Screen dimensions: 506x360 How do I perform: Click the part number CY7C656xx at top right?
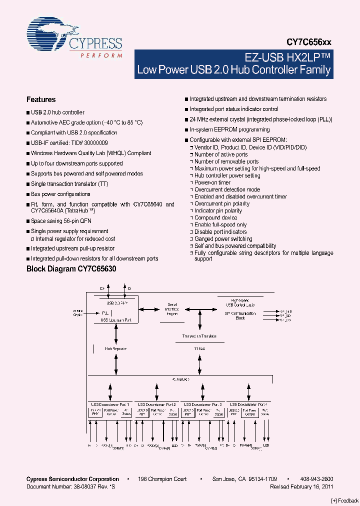(x=308, y=43)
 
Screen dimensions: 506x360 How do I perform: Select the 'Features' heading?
(x=41, y=99)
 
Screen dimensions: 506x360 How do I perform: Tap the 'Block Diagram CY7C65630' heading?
(x=71, y=269)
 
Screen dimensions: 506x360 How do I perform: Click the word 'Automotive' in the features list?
(x=45, y=122)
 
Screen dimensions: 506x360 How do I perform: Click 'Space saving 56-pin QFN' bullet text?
(x=61, y=221)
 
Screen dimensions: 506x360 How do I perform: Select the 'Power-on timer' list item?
(x=212, y=182)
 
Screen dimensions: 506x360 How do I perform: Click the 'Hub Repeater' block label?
(x=115, y=348)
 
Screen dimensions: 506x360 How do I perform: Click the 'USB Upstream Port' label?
(x=115, y=319)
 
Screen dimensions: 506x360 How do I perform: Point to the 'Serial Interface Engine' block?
(x=172, y=308)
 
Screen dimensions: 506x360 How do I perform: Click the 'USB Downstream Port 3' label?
(x=202, y=404)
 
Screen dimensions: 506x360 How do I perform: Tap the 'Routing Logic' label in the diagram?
(x=180, y=379)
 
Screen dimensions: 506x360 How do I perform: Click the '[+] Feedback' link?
(x=345, y=500)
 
